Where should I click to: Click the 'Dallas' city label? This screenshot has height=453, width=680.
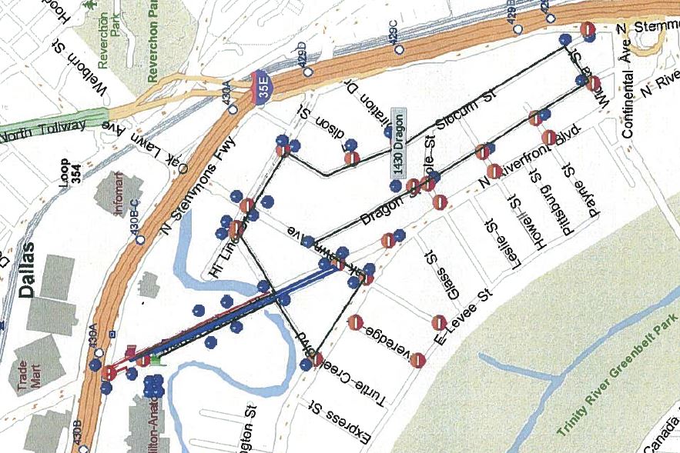point(28,269)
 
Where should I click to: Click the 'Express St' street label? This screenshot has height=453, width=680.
point(337,425)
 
